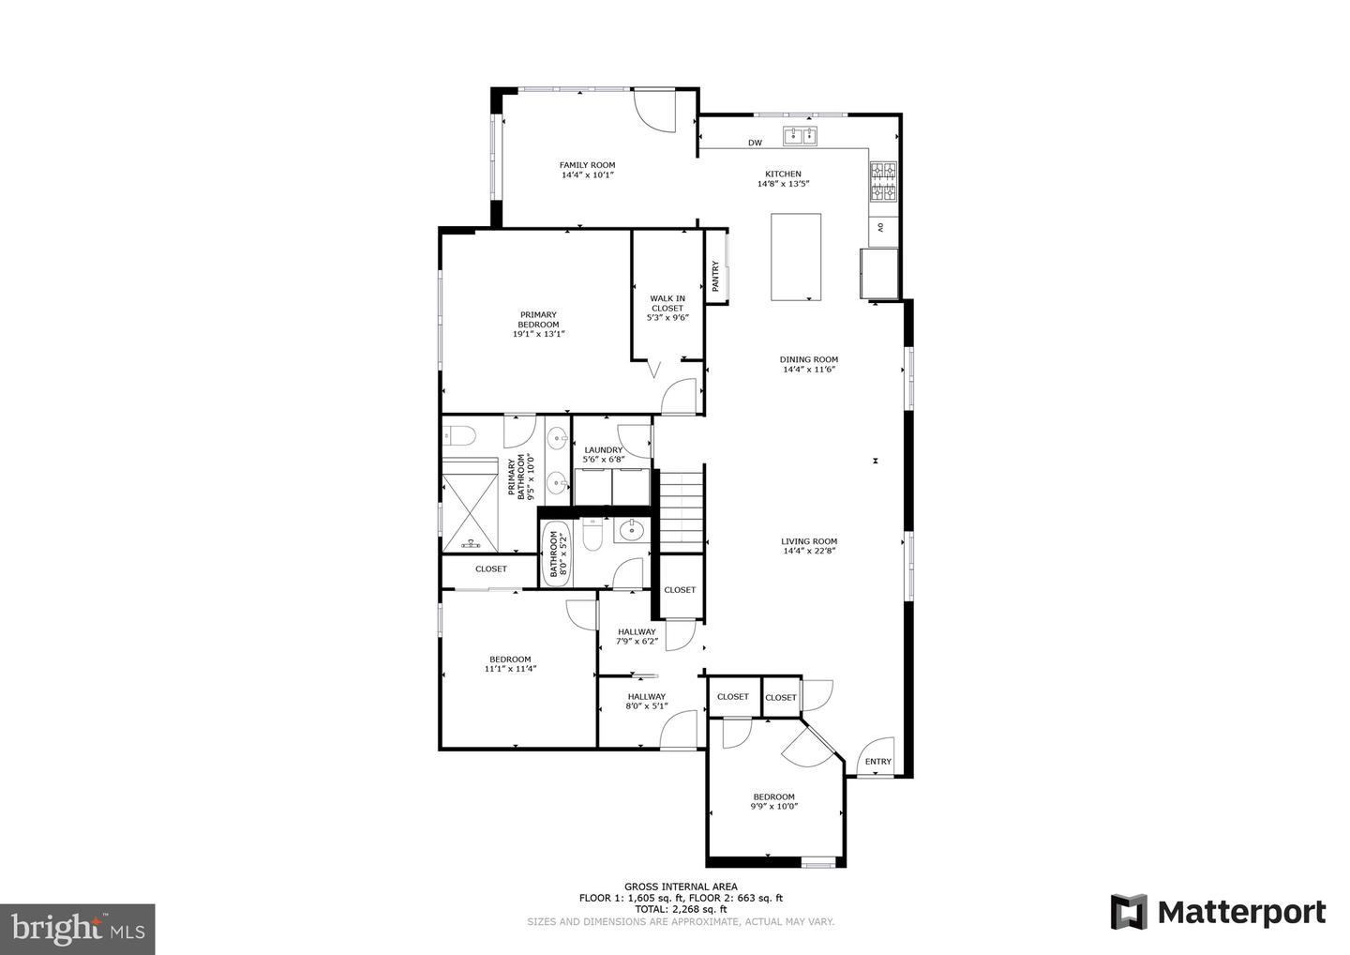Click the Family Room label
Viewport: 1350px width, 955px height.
[x=587, y=165]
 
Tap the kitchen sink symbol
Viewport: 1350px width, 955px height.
[x=801, y=136]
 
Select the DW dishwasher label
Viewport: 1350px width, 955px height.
[x=755, y=143]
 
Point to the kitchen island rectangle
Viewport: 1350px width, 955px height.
[x=796, y=257]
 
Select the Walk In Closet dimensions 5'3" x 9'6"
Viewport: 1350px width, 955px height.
[x=667, y=318]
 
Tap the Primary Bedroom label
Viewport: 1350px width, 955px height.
[x=538, y=320]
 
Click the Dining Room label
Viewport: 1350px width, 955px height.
[x=808, y=359]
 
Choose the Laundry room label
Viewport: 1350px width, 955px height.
[x=603, y=450]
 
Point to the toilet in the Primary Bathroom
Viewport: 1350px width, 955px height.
[x=459, y=435]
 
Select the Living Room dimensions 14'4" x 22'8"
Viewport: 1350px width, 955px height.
[x=809, y=552]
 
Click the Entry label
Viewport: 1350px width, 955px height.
[x=877, y=761]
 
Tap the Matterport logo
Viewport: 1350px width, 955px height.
[x=1218, y=912]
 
